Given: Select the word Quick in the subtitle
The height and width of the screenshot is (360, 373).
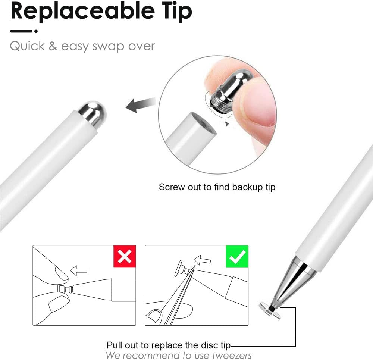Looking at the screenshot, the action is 27,46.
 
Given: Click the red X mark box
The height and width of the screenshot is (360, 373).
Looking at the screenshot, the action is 125,256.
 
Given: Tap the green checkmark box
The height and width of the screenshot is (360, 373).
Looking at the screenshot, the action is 237,256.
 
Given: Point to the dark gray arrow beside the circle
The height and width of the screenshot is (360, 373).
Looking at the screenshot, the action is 140,105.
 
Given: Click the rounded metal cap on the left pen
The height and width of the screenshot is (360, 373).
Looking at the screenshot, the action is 92,113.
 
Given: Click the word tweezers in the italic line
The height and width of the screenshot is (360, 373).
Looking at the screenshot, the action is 232,356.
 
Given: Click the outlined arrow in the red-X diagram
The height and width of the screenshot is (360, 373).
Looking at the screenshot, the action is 79,270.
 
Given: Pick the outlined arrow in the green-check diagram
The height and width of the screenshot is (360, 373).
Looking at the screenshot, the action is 202,260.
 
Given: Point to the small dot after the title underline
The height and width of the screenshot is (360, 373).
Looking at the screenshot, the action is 36,31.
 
